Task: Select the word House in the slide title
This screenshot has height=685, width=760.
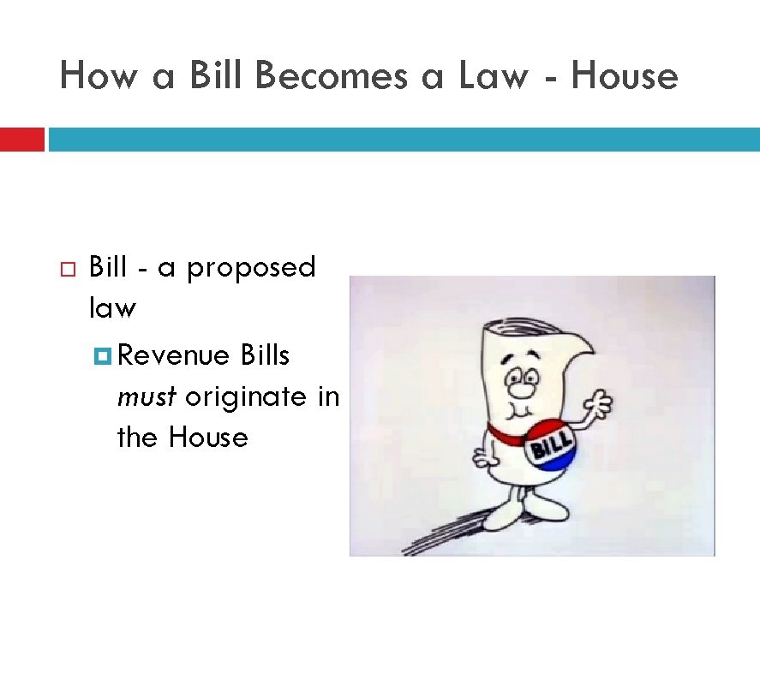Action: pos(624,76)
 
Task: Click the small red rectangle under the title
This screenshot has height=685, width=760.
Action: pos(21,140)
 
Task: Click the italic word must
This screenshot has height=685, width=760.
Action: pos(147,397)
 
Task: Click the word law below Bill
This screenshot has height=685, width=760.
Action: pos(112,307)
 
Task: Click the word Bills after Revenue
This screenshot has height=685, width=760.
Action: pos(266,355)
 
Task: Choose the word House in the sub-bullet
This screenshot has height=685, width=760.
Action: pos(208,438)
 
